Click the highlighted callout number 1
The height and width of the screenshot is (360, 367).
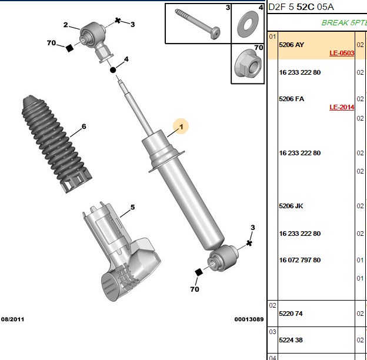[181, 127]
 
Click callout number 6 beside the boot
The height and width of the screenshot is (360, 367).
[84, 126]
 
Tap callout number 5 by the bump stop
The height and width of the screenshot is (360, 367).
[132, 207]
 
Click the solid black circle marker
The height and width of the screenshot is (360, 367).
[113, 70]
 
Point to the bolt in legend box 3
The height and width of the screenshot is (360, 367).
[198, 24]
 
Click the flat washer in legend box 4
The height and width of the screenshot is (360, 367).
[248, 24]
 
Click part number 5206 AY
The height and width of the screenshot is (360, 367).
[291, 45]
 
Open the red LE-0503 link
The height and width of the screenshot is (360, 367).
[342, 53]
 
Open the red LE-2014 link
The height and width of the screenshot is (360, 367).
[342, 107]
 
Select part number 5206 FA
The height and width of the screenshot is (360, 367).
[291, 99]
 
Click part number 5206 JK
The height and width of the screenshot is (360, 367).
[291, 206]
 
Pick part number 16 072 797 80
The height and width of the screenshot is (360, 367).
[299, 260]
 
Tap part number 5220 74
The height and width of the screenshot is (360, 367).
[291, 314]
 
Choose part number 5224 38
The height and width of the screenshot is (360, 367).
[291, 340]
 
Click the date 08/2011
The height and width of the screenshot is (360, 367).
[12, 319]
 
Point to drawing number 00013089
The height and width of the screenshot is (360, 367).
[249, 319]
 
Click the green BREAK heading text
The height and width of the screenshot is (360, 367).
[335, 23]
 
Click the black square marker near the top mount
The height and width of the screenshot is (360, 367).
[69, 48]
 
